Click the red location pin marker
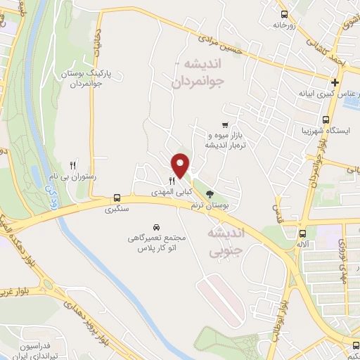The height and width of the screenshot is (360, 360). pyautogui.click(x=181, y=165)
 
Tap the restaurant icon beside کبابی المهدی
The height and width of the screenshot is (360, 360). pyautogui.click(x=172, y=181)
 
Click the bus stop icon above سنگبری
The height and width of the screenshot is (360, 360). pyautogui.click(x=116, y=199)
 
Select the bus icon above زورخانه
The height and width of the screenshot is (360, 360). pyautogui.click(x=284, y=15)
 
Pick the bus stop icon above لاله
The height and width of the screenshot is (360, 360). pyautogui.click(x=303, y=233)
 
